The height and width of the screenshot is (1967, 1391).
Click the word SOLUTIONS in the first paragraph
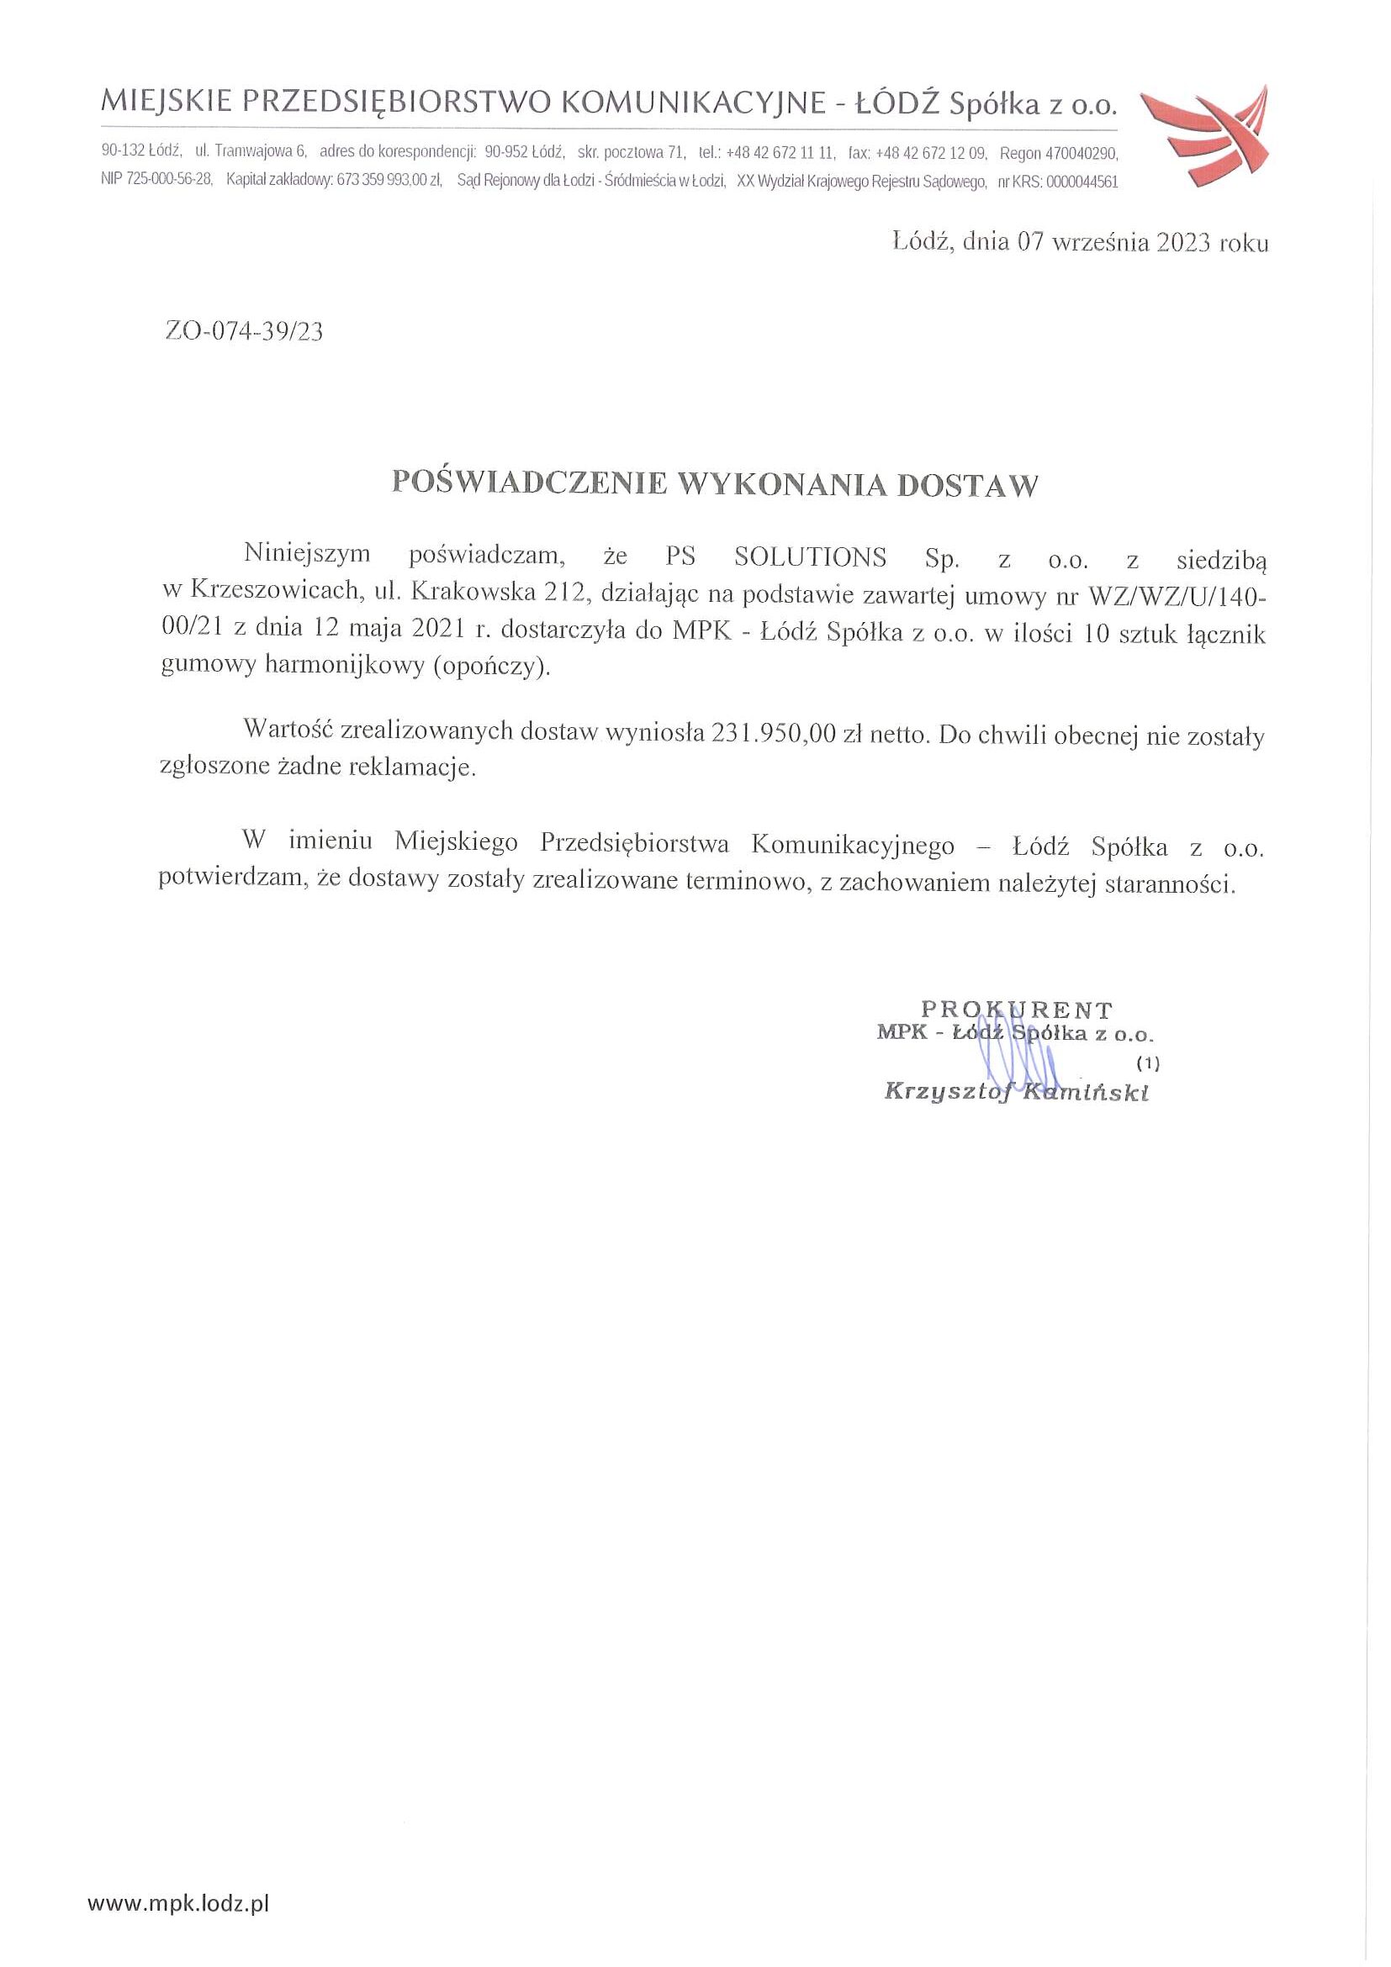click(x=811, y=557)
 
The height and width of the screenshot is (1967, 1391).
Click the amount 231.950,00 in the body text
click(x=773, y=733)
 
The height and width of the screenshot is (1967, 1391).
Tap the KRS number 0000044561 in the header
click(x=1082, y=182)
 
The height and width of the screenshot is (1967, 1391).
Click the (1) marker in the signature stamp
click(x=1147, y=1063)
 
